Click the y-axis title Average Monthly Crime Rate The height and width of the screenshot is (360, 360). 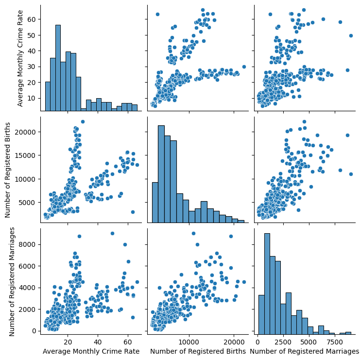point(21,58)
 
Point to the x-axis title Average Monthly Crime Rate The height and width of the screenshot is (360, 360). point(91,351)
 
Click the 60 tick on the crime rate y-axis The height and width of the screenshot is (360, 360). point(34,19)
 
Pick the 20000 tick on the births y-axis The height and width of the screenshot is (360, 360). point(29,132)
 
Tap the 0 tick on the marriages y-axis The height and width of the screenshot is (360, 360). point(37,331)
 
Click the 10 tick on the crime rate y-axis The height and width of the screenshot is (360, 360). point(34,98)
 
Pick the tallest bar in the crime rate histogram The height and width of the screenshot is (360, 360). point(58,68)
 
